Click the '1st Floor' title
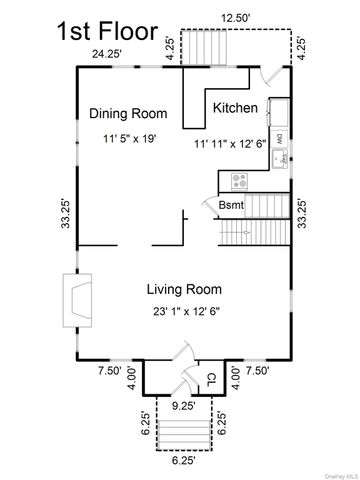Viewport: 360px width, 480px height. pos(107,31)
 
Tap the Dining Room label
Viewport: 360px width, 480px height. pos(128,113)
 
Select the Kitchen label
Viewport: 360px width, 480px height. pos(235,108)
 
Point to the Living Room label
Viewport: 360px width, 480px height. pos(184,289)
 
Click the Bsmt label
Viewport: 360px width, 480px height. pos(231,205)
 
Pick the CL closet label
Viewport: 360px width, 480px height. pos(212,379)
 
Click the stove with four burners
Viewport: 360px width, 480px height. pos(239,182)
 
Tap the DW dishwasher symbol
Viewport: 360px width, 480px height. pos(279,139)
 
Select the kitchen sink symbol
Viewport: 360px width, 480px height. pos(279,159)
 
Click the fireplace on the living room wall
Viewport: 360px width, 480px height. pos(78,300)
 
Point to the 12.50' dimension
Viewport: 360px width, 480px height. pos(236,18)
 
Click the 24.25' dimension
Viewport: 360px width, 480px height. pos(106,54)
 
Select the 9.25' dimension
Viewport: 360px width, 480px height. pos(184,406)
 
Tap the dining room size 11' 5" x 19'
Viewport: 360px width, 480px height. pos(130,138)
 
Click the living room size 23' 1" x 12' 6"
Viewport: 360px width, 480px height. pos(186,311)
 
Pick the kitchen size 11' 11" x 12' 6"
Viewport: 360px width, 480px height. pos(230,144)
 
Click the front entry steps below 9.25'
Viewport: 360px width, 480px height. pos(184,435)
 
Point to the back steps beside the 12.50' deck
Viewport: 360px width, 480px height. pos(204,47)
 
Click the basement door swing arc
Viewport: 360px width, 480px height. pos(207,203)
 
